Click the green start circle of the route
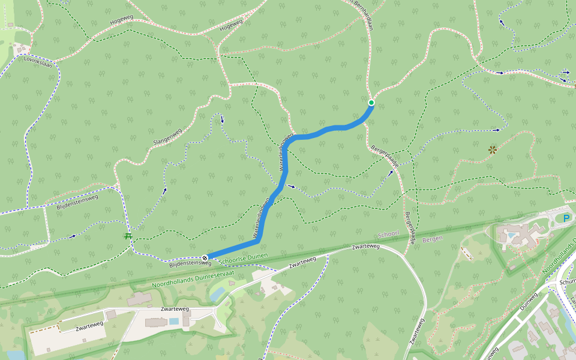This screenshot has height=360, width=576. coord(371,103)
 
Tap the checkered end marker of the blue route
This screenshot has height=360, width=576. coord(205,258)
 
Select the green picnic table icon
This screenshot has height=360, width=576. coord(128,236)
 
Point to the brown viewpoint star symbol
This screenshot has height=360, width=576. coord(493,149)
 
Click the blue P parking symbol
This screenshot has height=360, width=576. coord(566,218)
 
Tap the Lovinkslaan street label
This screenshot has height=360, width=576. coord(38,60)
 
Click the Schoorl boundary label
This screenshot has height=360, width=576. coord(389,235)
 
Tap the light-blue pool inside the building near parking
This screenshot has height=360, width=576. coord(511,236)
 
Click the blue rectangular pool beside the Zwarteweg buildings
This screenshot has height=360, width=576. coord(173,322)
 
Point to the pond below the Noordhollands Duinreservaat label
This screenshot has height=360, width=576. coord(218,293)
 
